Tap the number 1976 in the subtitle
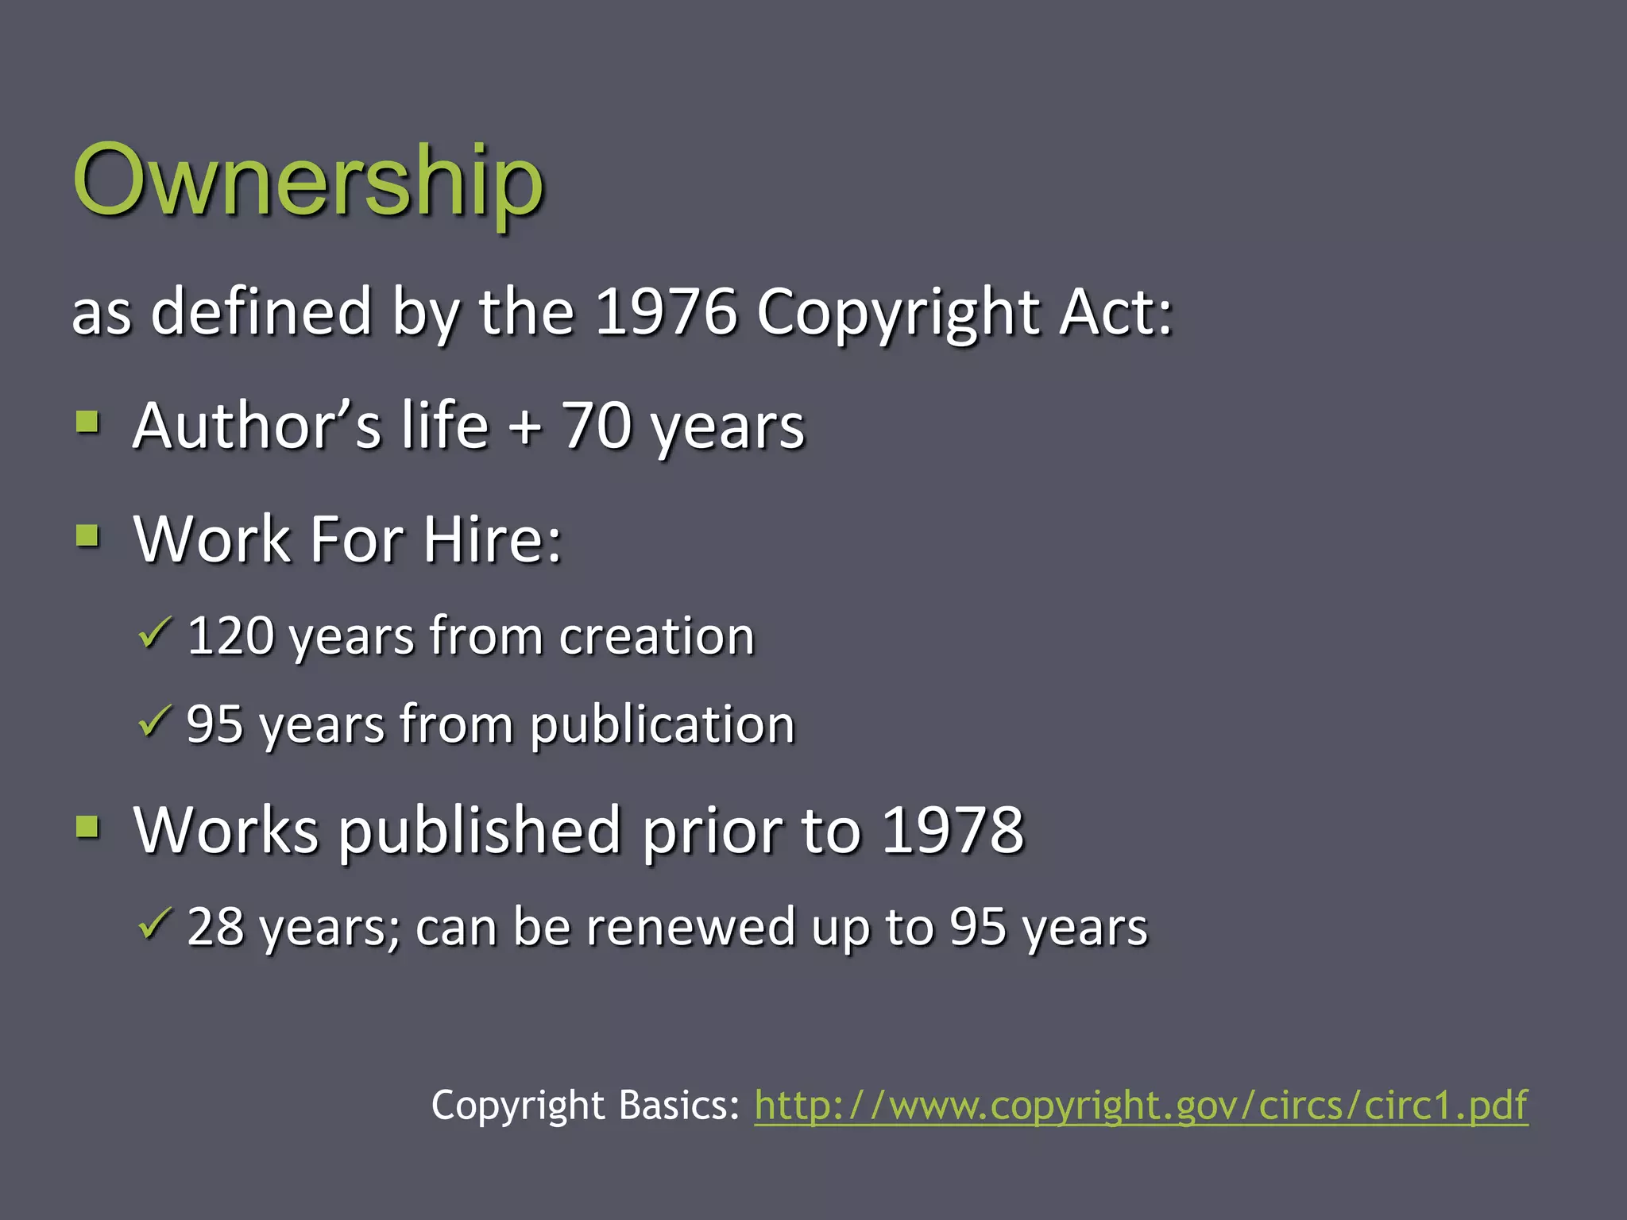click(666, 311)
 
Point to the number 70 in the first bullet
click(596, 426)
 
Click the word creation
click(656, 636)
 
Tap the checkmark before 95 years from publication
click(154, 721)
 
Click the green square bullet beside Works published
click(88, 827)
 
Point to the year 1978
click(953, 831)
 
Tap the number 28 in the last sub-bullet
click(215, 927)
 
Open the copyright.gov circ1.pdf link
click(1141, 1105)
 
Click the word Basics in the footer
click(679, 1105)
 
